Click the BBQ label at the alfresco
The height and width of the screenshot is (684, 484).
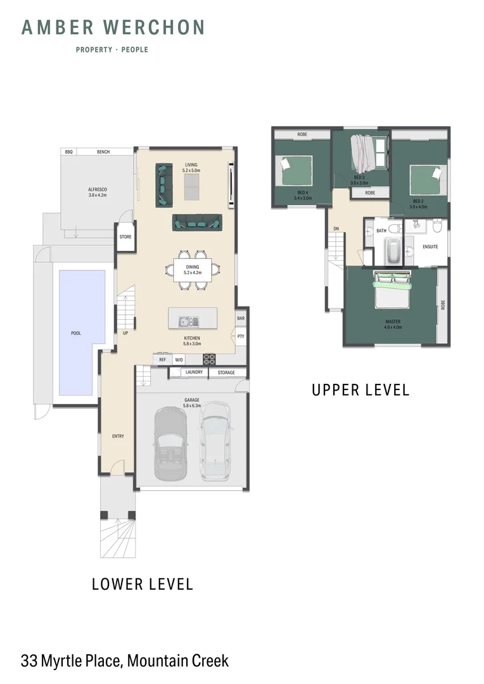pos(68,152)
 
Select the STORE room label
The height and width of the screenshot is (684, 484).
pos(125,237)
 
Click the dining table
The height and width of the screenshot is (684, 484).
pos(193,270)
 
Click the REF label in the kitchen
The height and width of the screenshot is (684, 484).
pos(162,360)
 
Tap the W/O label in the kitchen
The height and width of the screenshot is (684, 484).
pos(179,360)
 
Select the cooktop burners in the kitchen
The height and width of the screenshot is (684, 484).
pos(209,359)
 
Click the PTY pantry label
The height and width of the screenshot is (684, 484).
pos(241,336)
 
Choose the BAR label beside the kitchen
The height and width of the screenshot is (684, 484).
pos(241,319)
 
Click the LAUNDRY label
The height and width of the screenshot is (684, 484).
pos(194,372)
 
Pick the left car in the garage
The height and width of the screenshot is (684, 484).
pos(170,443)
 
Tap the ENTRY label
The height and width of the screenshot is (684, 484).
pos(118,436)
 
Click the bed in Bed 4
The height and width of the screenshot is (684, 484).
pos(296,170)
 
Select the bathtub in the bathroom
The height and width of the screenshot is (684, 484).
pos(394,251)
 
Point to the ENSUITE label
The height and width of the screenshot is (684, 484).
pos(430,247)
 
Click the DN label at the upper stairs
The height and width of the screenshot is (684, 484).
pos(336,229)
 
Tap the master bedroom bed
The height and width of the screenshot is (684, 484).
pos(392,289)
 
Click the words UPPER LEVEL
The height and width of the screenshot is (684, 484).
pos(360,389)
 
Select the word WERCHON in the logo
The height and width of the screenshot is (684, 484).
pos(153,27)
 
